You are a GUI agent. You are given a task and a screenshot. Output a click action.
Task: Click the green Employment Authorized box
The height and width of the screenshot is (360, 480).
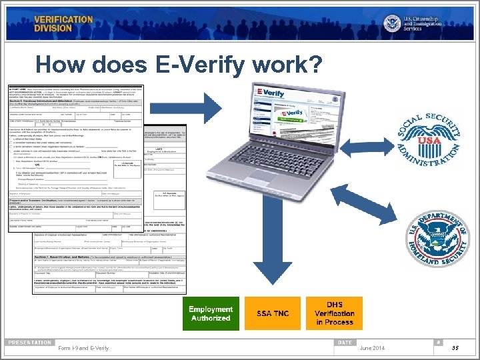(210, 313)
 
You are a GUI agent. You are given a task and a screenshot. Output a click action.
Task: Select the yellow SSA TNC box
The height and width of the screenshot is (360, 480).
(273, 313)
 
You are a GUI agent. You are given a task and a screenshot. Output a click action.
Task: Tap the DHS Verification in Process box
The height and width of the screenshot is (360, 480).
(335, 313)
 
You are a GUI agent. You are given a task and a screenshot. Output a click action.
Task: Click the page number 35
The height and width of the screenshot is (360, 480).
(453, 348)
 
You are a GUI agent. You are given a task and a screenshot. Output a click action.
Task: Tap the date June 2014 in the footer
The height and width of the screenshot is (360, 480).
(371, 348)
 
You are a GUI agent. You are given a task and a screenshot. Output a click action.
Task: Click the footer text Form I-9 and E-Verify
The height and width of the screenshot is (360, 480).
(84, 348)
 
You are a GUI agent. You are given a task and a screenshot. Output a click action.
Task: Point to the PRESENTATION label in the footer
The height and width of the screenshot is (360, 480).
(30, 342)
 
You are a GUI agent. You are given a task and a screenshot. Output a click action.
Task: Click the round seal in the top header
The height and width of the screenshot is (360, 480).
(392, 23)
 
